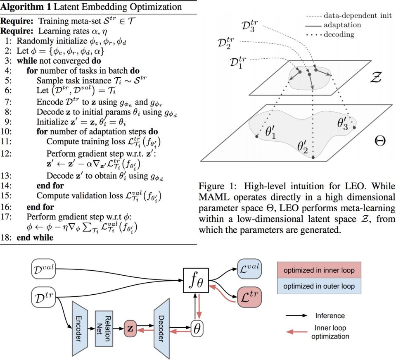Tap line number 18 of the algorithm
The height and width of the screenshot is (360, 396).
(x=7, y=238)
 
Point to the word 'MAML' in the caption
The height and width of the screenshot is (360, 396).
(x=213, y=195)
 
